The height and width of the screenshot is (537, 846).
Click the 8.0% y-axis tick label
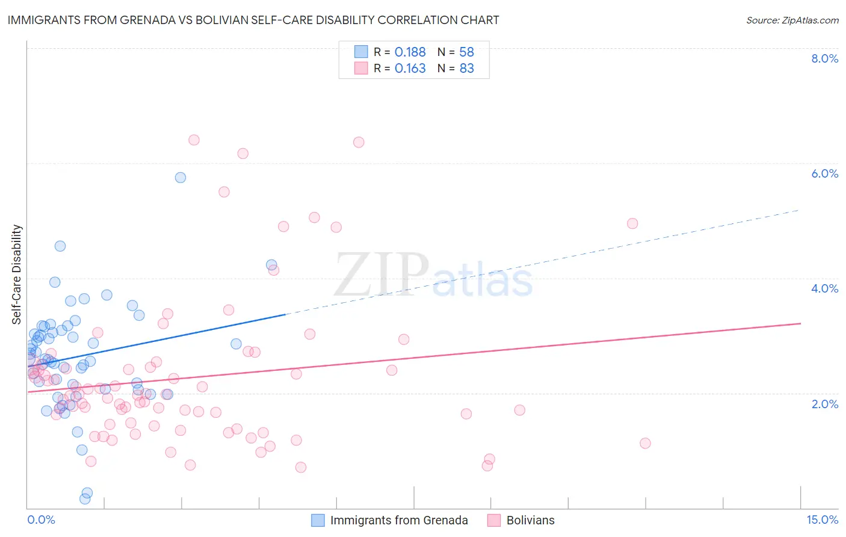(x=824, y=58)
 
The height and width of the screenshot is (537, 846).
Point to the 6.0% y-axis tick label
(x=824, y=173)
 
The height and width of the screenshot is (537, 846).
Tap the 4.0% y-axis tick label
(x=824, y=288)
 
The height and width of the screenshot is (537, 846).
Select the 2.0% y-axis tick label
(x=824, y=404)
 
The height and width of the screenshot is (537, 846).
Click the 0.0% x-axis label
(x=41, y=520)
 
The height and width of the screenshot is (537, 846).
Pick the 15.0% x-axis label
(x=822, y=520)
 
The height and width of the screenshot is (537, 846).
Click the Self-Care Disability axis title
(x=17, y=275)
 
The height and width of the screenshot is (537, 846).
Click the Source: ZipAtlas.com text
(x=792, y=20)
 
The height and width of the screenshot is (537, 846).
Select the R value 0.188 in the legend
(x=410, y=52)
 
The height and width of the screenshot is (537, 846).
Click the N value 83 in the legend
(x=466, y=69)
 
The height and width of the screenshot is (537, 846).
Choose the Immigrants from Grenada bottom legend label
(x=399, y=521)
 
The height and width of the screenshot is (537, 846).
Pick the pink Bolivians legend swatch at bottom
(x=494, y=521)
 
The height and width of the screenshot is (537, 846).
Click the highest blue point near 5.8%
(x=181, y=178)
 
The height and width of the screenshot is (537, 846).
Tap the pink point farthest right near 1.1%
(x=645, y=443)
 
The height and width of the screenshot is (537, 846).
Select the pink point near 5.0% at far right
(x=632, y=223)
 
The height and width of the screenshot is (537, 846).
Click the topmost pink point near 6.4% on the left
(x=194, y=140)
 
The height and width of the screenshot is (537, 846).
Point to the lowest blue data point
(x=85, y=498)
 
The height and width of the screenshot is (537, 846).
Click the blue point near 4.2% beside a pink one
(x=271, y=265)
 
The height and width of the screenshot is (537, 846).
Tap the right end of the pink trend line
(x=800, y=323)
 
